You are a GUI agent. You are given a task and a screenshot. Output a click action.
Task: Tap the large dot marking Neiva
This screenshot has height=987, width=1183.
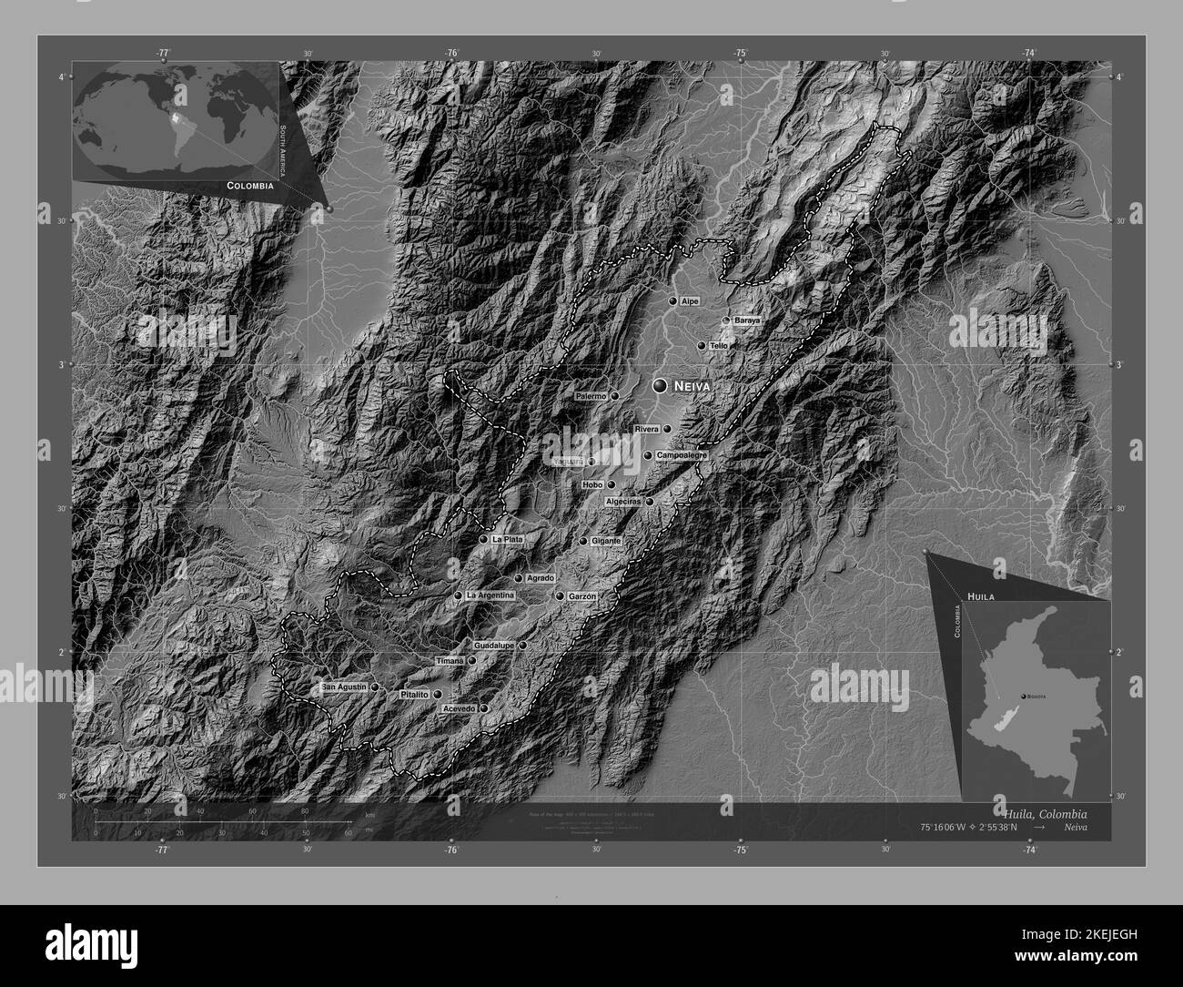(x=660, y=387)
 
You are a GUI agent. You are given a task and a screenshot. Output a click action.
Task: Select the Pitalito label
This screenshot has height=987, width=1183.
(x=414, y=695)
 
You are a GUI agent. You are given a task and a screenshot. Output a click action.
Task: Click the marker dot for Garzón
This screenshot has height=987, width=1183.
(x=560, y=596)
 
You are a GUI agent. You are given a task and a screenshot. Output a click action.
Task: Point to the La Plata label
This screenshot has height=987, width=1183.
(x=507, y=540)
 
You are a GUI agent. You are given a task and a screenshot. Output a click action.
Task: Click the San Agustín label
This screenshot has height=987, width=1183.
(x=345, y=687)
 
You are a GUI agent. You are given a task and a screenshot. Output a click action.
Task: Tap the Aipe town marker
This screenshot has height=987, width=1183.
(x=673, y=300)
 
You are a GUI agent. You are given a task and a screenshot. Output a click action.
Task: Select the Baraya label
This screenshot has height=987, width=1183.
(x=746, y=321)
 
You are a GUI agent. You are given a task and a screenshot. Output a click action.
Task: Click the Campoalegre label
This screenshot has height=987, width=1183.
(x=682, y=455)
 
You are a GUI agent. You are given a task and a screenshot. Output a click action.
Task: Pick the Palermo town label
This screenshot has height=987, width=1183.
(x=591, y=397)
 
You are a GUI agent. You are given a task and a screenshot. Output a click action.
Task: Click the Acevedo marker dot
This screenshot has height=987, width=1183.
(x=484, y=708)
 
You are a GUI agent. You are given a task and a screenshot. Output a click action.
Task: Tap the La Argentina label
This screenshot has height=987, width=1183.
(x=490, y=595)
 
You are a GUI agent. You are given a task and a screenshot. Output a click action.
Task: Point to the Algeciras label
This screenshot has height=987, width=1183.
(x=623, y=502)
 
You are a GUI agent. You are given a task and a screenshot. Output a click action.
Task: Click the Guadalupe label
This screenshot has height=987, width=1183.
(x=494, y=646)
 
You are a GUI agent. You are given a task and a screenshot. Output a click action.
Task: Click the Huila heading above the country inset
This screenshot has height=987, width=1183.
(x=981, y=595)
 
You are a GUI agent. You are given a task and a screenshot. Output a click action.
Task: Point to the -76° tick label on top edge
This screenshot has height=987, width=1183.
(x=452, y=54)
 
